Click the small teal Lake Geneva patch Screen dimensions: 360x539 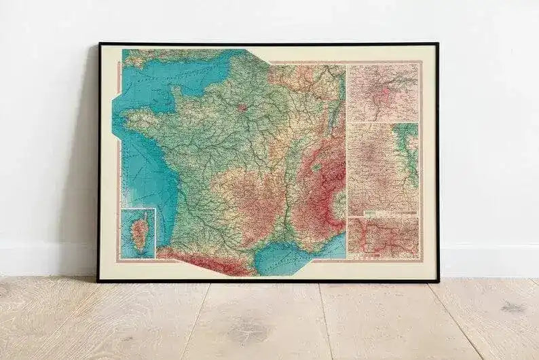pos(316,165)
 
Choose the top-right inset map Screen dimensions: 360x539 pos(382,92)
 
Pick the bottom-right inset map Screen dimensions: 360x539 pos(383,238)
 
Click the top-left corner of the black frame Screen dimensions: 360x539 pos(100,44)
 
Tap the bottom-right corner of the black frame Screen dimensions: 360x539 pos(437,281)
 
